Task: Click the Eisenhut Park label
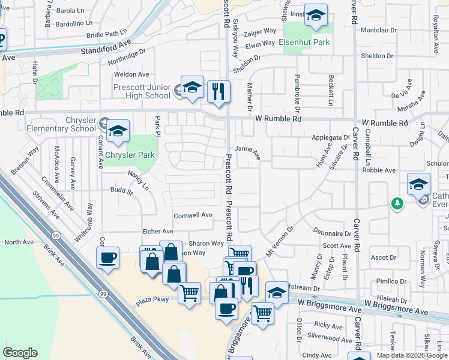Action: click(x=304, y=43)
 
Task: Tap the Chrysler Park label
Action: click(x=130, y=155)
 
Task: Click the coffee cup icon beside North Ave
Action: click(x=107, y=258)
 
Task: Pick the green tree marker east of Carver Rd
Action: click(x=397, y=204)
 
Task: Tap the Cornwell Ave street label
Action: click(x=193, y=215)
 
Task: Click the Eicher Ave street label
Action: click(x=158, y=231)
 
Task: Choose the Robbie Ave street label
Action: click(x=379, y=170)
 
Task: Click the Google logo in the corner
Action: click(x=20, y=353)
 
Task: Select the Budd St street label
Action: click(x=121, y=192)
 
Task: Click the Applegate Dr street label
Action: click(x=331, y=137)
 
